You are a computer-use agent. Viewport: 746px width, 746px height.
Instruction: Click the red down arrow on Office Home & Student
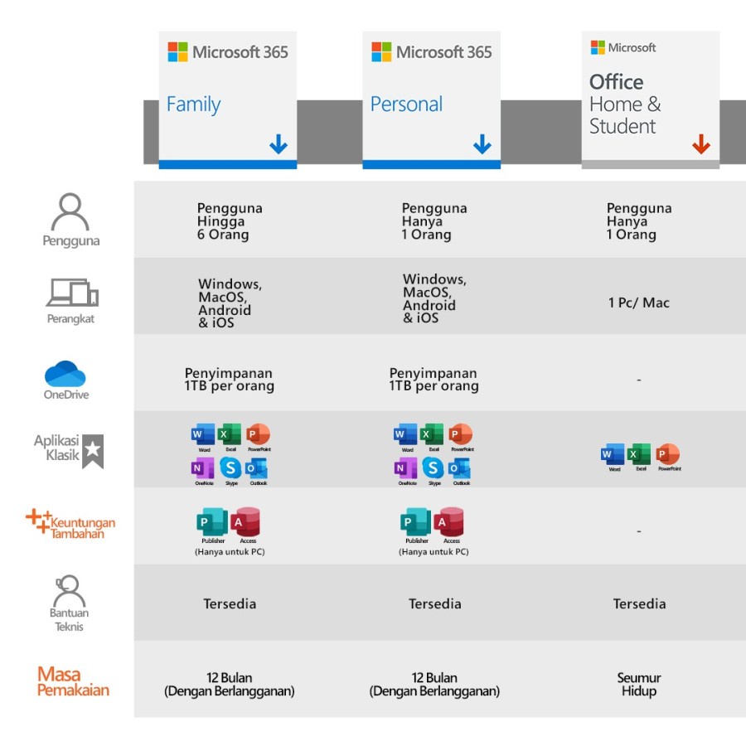701,145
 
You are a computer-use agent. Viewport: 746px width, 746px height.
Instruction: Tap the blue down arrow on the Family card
279,145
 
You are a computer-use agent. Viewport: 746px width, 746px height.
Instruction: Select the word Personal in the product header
406,104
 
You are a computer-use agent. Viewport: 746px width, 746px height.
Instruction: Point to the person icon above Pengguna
70,213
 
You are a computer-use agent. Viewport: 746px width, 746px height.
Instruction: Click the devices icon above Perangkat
72,293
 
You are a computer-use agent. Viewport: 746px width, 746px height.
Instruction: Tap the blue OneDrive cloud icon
65,374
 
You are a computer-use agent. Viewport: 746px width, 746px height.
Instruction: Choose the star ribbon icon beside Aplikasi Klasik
93,451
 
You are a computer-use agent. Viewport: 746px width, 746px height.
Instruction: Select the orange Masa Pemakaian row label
73,681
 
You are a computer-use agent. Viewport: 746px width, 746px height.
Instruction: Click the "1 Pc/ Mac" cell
638,303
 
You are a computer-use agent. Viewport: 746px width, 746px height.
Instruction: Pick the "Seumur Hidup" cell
638,684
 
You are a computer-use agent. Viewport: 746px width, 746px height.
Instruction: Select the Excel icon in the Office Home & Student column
640,454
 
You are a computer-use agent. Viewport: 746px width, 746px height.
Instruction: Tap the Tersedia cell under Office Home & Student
638,603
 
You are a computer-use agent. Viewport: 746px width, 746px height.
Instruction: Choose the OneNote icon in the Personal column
406,467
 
